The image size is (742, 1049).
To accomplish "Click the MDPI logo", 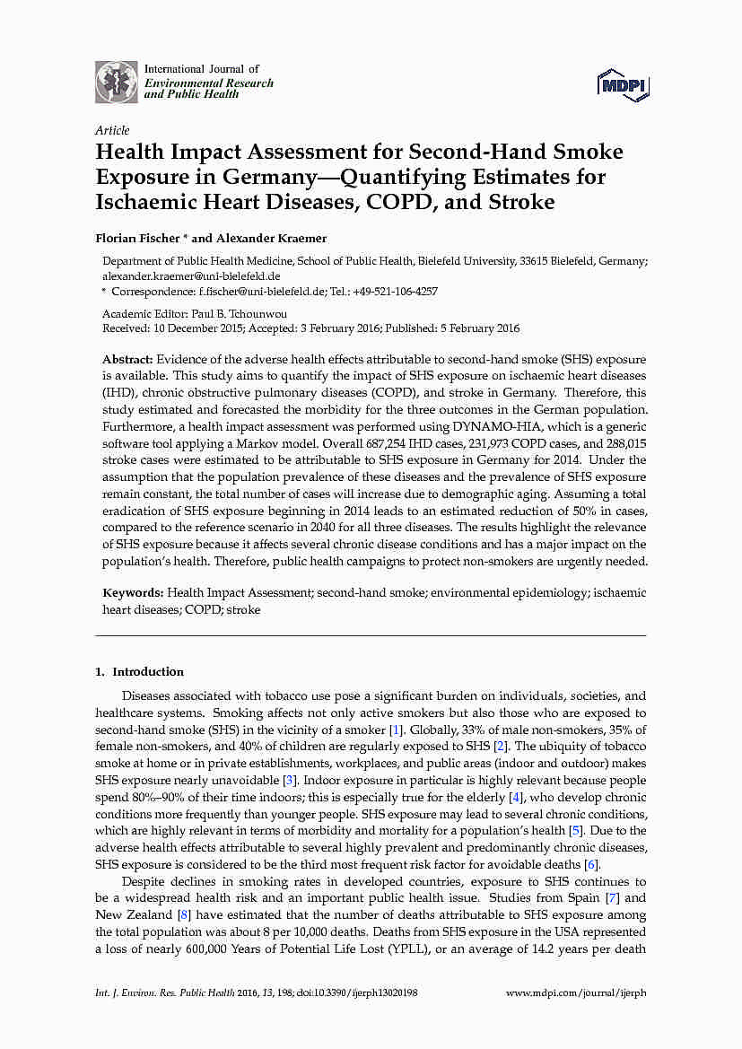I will [623, 85].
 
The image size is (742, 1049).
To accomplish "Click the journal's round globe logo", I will [117, 82].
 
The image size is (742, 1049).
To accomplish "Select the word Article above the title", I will [112, 130].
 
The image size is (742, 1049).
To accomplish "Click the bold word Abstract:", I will [128, 358].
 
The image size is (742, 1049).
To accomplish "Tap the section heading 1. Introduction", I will [139, 671].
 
